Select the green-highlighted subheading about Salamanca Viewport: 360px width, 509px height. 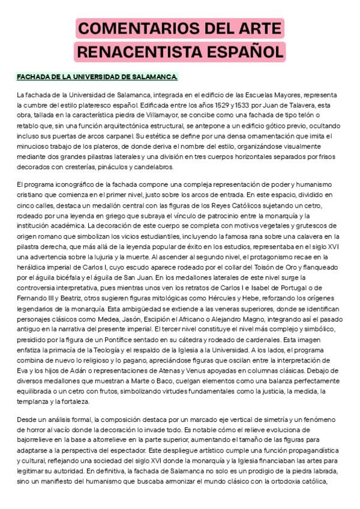(97, 77)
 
